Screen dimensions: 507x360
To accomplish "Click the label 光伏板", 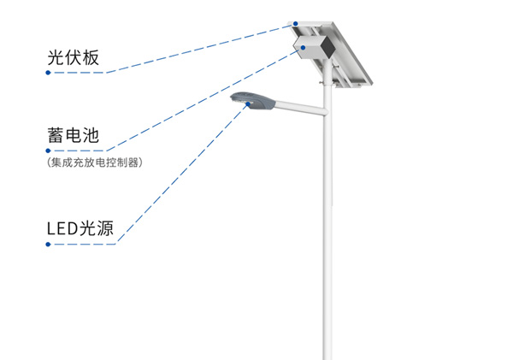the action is pyautogui.click(x=73, y=57).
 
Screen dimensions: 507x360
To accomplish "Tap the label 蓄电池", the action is pyautogui.click(x=73, y=135).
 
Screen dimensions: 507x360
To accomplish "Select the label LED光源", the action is pyautogui.click(x=80, y=228).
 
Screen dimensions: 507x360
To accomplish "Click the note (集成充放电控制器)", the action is pyautogui.click(x=95, y=162).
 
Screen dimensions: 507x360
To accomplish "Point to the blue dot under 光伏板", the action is pyautogui.click(x=48, y=73).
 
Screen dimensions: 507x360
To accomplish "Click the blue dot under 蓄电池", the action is pyautogui.click(x=48, y=150).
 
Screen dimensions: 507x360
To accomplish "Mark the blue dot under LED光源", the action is pyautogui.click(x=48, y=245).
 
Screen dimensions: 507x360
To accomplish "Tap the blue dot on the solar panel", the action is pyautogui.click(x=296, y=24).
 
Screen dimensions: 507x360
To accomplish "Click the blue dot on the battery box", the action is pyautogui.click(x=303, y=48).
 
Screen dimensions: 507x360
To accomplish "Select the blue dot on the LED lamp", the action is pyautogui.click(x=248, y=104).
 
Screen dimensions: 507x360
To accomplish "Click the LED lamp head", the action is pyautogui.click(x=253, y=101).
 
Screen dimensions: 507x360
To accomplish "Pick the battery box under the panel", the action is pyautogui.click(x=314, y=47).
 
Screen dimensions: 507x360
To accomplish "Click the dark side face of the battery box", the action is pyautogui.click(x=327, y=47).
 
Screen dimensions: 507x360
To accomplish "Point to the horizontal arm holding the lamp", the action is pyautogui.click(x=301, y=108).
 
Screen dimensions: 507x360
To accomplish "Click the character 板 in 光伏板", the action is pyautogui.click(x=91, y=57).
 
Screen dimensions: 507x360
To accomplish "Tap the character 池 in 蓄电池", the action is pyautogui.click(x=91, y=135).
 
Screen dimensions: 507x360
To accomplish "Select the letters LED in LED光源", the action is pyautogui.click(x=62, y=228).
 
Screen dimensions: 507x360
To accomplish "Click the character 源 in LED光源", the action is pyautogui.click(x=105, y=228).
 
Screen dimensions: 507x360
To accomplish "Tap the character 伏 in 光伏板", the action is pyautogui.click(x=73, y=57).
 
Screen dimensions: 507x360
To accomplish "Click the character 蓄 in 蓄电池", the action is pyautogui.click(x=56, y=135).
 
